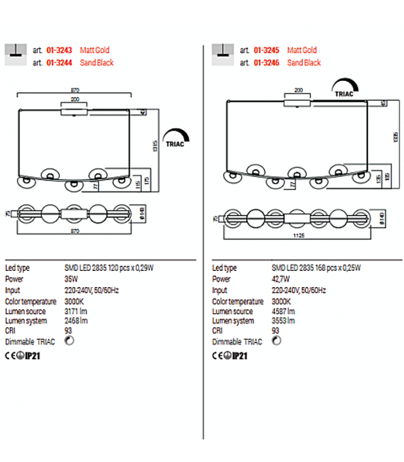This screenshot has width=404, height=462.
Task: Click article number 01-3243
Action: [x=59, y=50]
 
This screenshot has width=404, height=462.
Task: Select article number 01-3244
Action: [x=59, y=62]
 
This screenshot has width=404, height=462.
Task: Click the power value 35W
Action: [x=71, y=279]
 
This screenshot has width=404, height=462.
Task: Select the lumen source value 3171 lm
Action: [x=76, y=312]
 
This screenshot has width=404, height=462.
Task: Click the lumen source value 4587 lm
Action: [x=283, y=312]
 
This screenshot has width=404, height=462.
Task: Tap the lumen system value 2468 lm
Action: [x=76, y=321]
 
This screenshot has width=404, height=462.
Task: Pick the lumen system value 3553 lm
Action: [x=283, y=321]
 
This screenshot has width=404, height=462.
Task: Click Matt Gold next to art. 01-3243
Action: [x=95, y=50]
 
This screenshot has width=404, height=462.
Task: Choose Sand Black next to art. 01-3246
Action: [x=304, y=62]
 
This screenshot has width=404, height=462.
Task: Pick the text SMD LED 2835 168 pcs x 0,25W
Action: [x=316, y=268]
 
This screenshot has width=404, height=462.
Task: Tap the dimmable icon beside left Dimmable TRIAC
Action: [x=70, y=341]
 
